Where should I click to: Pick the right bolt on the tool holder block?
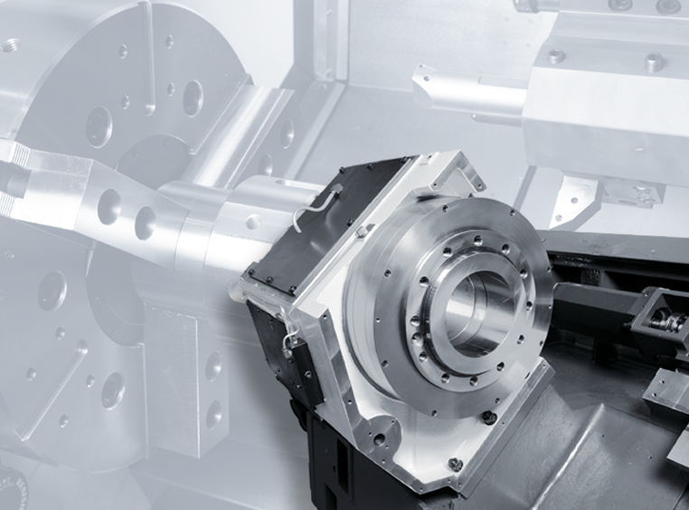click(654, 62)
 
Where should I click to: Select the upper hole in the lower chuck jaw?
click(213, 366)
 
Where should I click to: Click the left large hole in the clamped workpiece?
click(109, 206)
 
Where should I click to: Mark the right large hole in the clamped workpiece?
click(145, 222)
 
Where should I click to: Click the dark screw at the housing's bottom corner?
click(455, 464)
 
